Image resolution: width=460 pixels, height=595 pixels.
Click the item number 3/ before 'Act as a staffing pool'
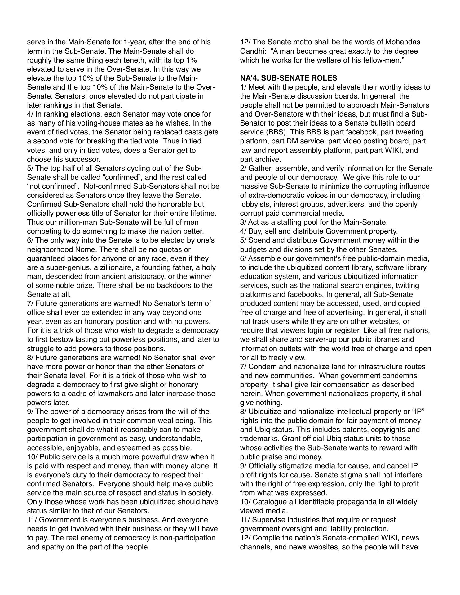click(244, 223)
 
